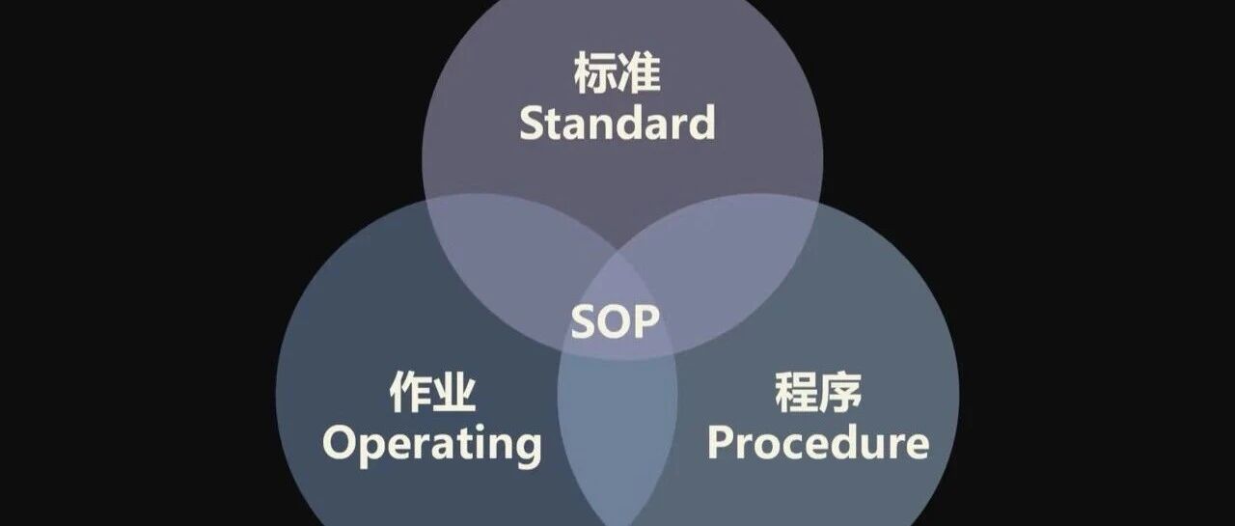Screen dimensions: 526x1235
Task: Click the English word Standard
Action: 617,125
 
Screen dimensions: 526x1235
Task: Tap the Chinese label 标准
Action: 617,74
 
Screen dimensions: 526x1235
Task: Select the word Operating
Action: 431,445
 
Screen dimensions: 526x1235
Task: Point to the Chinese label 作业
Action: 431,394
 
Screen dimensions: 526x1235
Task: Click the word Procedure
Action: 818,443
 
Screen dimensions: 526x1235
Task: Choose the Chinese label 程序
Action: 818,393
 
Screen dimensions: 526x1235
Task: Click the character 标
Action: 595,74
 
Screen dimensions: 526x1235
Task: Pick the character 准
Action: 640,74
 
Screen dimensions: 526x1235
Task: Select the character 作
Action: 409,394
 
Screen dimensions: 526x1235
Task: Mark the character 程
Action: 796,393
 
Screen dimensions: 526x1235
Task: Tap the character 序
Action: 840,393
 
